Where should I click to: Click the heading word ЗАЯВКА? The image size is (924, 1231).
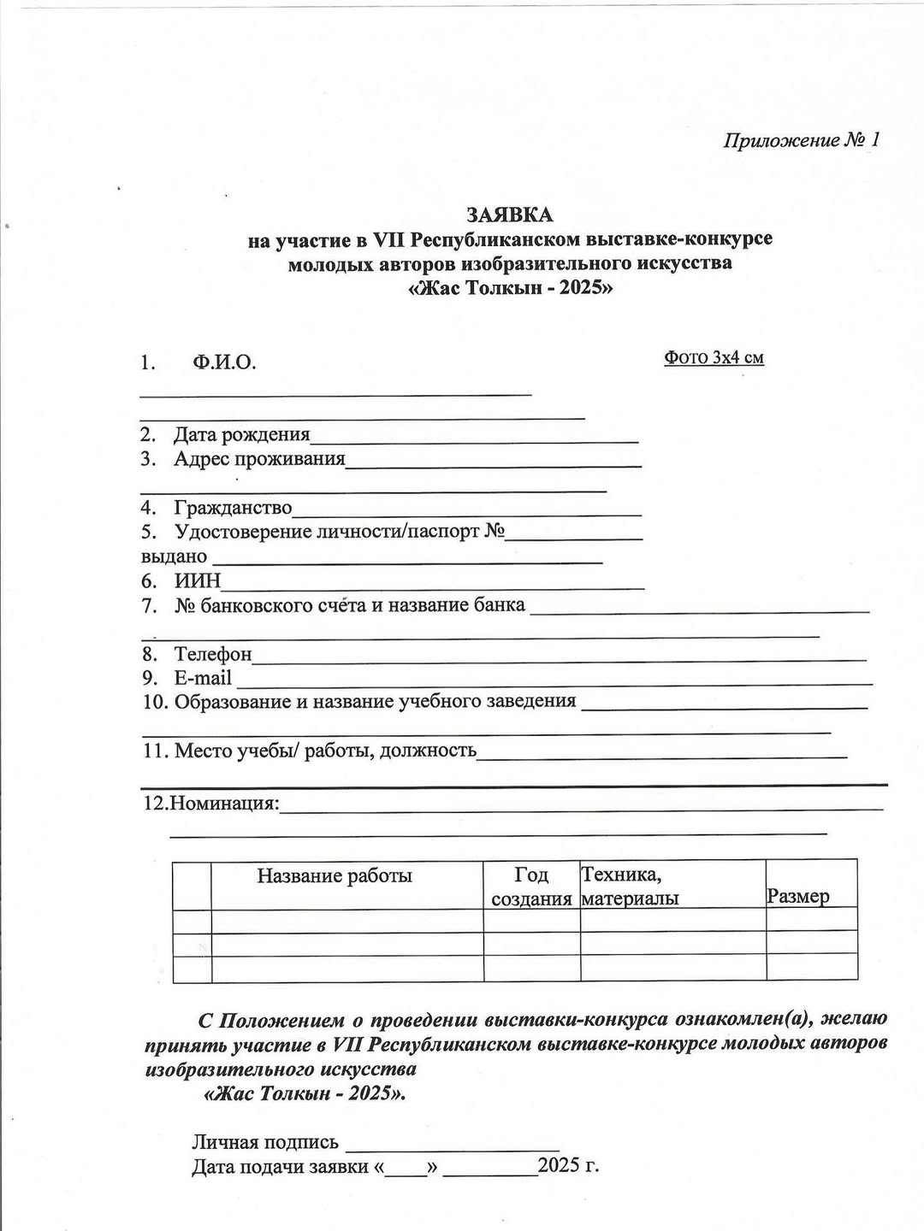(510, 214)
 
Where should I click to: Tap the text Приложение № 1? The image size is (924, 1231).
(801, 140)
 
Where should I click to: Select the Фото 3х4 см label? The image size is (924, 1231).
(714, 357)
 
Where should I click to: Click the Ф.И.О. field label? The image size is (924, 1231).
(224, 362)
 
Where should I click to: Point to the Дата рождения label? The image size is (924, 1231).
(242, 435)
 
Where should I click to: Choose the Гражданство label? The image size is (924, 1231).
(233, 508)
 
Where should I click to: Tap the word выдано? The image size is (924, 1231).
(174, 557)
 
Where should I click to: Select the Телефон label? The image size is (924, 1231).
(213, 655)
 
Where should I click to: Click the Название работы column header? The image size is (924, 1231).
(335, 875)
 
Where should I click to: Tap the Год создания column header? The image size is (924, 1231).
(531, 886)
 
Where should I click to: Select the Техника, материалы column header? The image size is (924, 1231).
(631, 886)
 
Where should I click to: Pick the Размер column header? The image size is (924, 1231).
(798, 897)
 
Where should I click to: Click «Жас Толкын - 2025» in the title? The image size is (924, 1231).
(511, 287)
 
